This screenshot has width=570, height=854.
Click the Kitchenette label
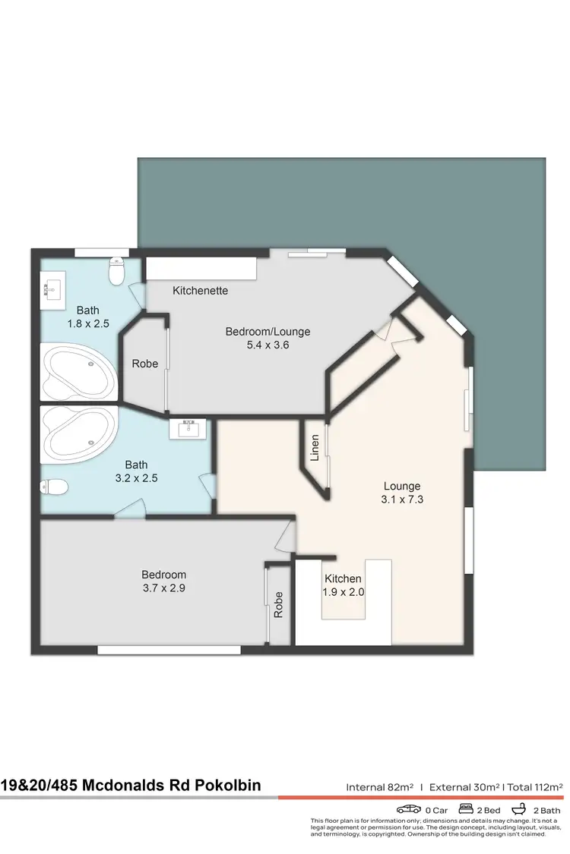coord(200,291)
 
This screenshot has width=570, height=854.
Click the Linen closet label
coord(315,449)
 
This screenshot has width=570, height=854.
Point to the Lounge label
coord(402,487)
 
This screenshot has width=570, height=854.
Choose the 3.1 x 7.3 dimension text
coord(402,499)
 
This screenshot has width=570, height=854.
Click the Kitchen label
coord(343,579)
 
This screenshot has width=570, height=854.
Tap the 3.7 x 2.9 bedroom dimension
coord(163,588)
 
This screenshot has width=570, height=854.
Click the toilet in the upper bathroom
coord(117,271)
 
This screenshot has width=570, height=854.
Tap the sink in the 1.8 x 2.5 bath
coord(55,288)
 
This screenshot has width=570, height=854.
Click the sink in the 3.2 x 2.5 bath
coord(188,429)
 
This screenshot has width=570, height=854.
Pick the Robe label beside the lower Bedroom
coord(279,604)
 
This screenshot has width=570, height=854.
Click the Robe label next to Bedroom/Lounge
coord(145,364)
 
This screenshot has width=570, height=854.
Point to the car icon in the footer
coord(409,810)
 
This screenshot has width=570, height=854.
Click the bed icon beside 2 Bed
coord(467,810)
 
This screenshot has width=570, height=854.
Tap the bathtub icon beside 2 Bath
coord(521,810)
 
